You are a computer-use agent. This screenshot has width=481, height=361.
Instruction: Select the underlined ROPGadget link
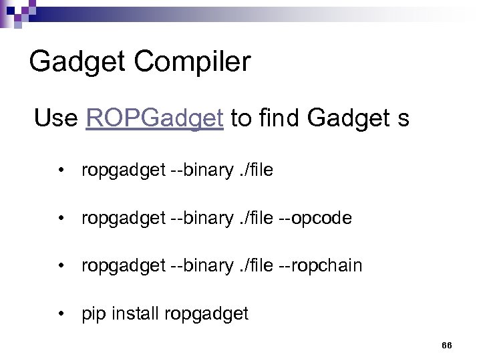154,118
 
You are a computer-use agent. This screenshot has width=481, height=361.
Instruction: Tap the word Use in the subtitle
56,118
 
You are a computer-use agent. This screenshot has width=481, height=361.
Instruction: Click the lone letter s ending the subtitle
403,119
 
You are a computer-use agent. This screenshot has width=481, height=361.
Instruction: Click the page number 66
447,345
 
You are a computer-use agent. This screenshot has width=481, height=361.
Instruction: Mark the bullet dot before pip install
61,313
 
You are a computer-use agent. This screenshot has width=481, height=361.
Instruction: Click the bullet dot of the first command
61,170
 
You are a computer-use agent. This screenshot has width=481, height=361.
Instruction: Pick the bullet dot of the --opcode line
61,218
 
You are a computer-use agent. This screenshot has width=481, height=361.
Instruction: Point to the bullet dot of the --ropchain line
61,265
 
